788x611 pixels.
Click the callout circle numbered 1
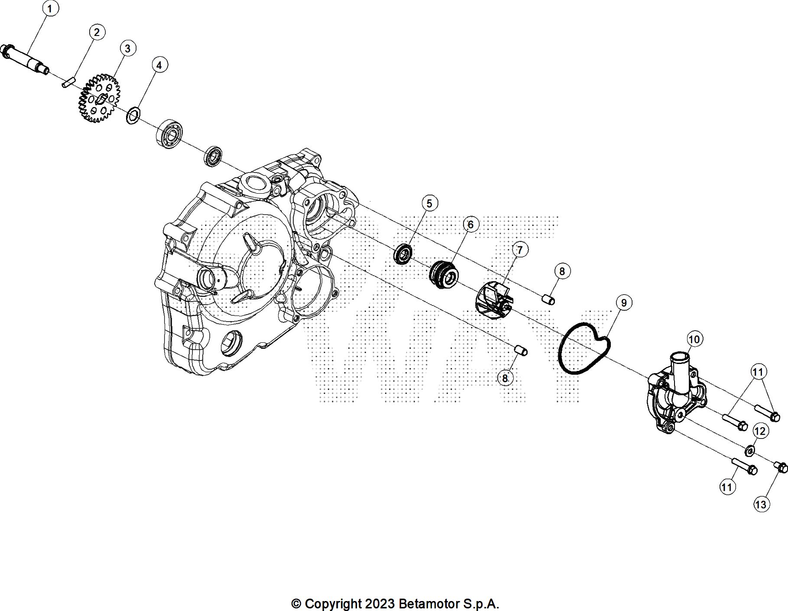(50, 9)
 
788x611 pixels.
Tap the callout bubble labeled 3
(127, 48)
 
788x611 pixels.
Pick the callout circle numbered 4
(159, 65)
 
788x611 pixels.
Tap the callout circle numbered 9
(624, 302)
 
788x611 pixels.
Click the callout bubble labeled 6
(470, 224)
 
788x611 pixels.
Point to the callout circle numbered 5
(429, 203)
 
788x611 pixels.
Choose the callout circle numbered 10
(694, 339)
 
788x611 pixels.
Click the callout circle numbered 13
(761, 504)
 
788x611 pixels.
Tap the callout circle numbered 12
(760, 431)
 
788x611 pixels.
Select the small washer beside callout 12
(749, 451)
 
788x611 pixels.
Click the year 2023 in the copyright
(379, 604)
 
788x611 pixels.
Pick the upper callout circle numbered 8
(562, 271)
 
